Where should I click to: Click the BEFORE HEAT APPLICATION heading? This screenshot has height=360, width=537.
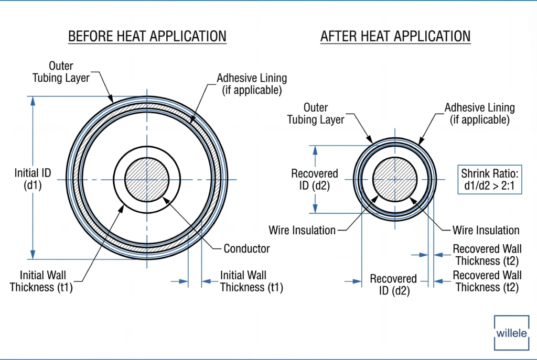point(147,36)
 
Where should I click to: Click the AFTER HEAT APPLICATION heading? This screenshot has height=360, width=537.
point(395,36)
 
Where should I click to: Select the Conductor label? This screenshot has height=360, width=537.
point(246,248)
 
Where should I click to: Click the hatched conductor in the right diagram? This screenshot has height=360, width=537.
point(394,180)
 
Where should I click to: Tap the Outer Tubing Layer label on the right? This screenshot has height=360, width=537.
point(316,114)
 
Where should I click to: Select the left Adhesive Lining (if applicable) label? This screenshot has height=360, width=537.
point(252,84)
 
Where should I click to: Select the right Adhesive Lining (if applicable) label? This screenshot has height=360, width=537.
point(479,113)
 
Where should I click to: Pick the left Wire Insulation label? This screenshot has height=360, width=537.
point(302,230)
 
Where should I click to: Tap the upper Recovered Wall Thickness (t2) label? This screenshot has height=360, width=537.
point(487,255)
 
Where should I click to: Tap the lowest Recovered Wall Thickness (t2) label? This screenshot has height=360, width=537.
point(487,281)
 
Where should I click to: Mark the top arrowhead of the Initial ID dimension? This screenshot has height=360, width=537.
point(33,101)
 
